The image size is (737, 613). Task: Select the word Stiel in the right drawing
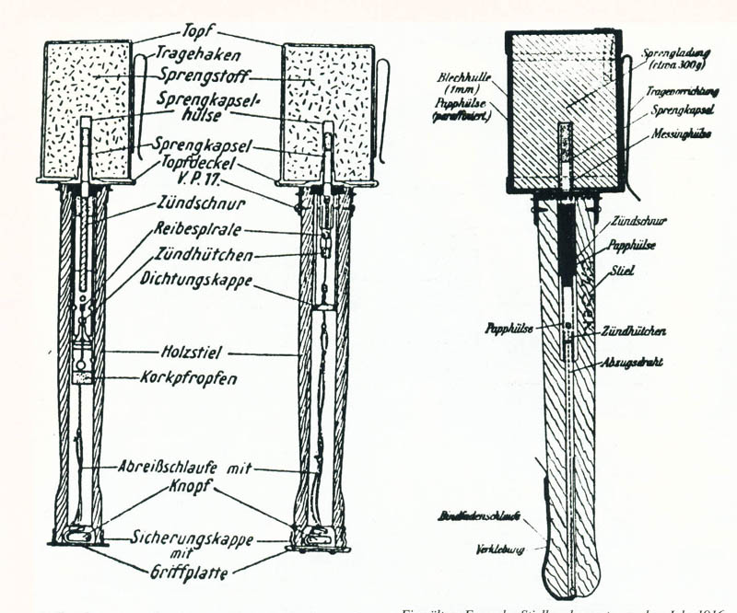(x=614, y=273)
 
